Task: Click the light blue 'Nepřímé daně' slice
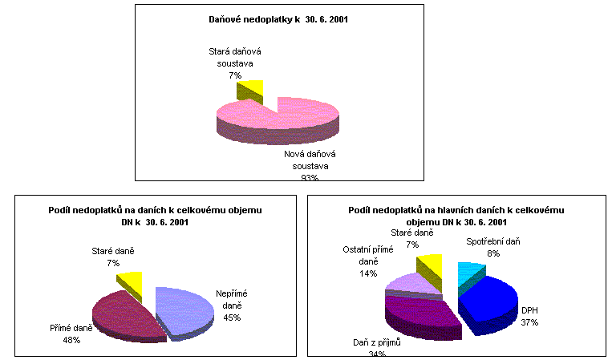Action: click(x=188, y=309)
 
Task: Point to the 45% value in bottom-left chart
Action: click(x=232, y=317)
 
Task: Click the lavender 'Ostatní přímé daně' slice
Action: click(x=409, y=281)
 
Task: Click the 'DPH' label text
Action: click(x=529, y=310)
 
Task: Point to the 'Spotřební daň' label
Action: click(x=492, y=241)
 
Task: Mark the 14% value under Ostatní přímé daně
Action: click(x=368, y=273)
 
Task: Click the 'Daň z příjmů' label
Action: click(x=376, y=342)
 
